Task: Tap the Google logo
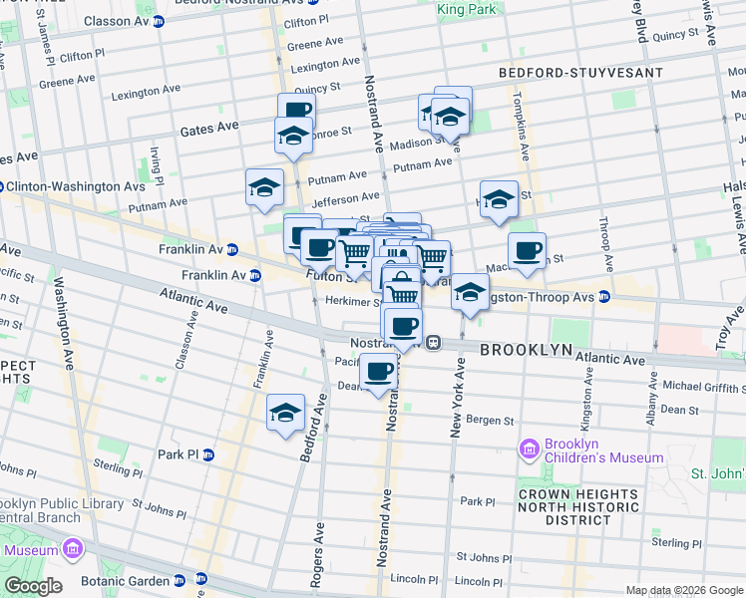[33, 586]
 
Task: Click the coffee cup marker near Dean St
[378, 373]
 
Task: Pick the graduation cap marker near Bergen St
[285, 413]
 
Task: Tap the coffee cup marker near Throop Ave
[527, 251]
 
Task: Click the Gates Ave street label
[209, 127]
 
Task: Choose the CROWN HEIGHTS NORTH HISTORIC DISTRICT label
[576, 507]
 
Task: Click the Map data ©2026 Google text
[683, 590]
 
